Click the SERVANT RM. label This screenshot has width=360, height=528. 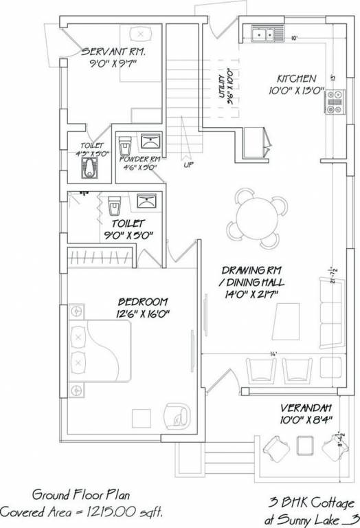pos(113,52)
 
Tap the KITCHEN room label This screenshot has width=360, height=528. pos(296,78)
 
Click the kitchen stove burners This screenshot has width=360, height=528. pos(335,106)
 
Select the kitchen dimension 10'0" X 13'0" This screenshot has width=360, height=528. pos(296,90)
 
